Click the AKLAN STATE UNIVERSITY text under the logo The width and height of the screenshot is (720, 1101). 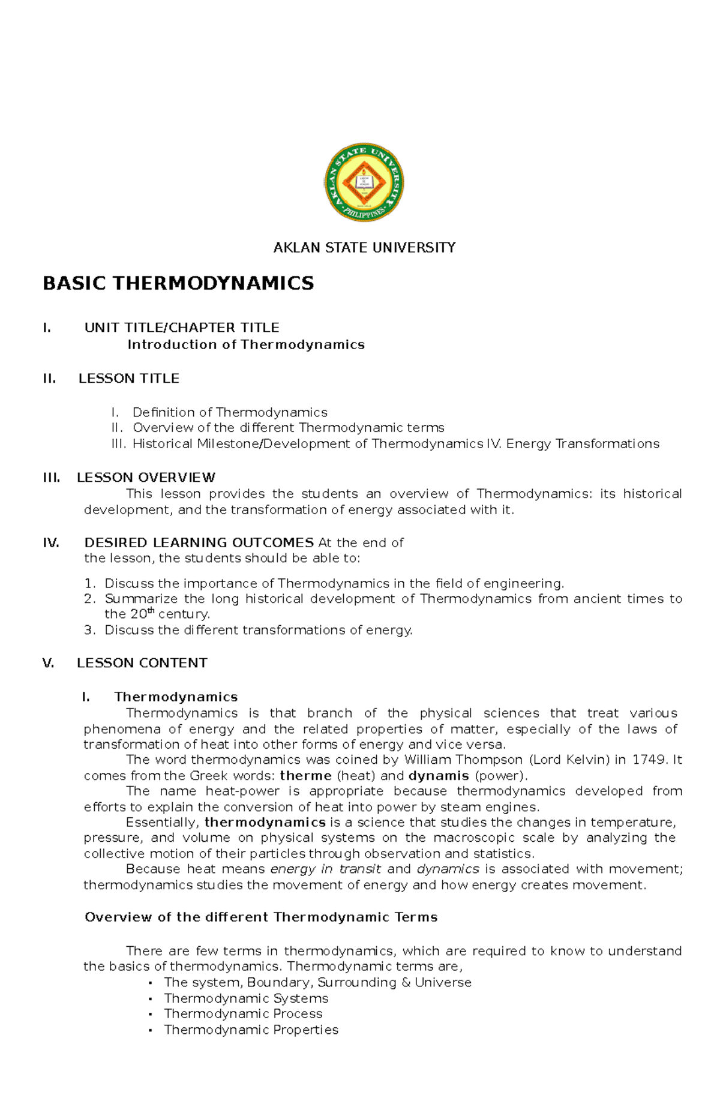click(x=364, y=247)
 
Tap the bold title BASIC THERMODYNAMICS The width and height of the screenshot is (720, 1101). click(x=178, y=283)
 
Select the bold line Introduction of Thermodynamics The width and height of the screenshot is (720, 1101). click(x=246, y=344)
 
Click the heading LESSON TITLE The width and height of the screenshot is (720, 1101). click(x=129, y=379)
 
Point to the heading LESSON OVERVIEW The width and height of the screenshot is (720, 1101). click(x=146, y=478)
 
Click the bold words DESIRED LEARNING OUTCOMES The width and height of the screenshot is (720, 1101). click(x=199, y=542)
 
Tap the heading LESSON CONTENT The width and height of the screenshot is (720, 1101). click(x=142, y=663)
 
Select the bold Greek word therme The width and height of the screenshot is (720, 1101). click(x=305, y=776)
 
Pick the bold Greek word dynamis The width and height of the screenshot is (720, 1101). click(x=438, y=776)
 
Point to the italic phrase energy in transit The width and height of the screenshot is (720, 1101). click(x=325, y=869)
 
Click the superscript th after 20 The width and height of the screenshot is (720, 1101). click(x=151, y=611)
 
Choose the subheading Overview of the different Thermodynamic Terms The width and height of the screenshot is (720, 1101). click(x=261, y=917)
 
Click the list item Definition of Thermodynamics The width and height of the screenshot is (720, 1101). click(x=230, y=412)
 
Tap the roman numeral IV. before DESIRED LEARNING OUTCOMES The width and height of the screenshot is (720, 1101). click(x=51, y=542)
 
